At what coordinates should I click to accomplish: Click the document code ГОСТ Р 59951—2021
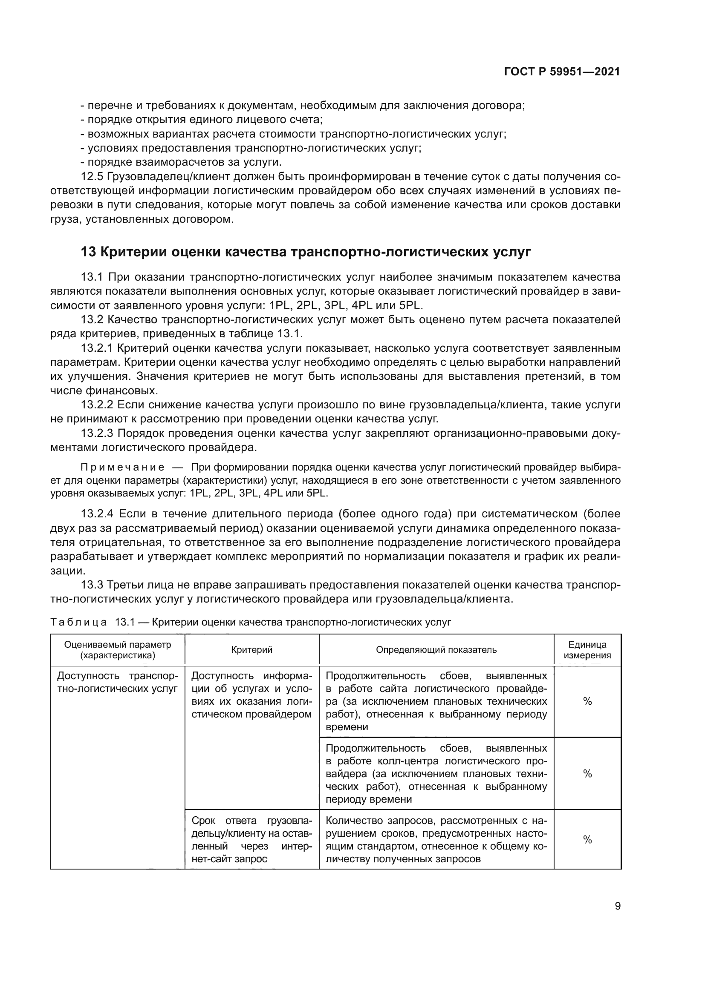562,72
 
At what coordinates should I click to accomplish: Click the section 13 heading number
88,252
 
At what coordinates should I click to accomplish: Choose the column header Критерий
252,649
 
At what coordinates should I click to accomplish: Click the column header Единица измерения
587,650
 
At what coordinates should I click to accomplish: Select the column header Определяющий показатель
436,649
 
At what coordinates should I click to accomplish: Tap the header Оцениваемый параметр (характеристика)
118,650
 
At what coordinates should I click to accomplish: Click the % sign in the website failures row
587,701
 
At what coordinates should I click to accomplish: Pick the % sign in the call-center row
587,773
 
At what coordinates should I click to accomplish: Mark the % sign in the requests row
587,840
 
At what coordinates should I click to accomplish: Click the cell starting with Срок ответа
252,840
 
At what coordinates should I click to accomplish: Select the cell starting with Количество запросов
436,840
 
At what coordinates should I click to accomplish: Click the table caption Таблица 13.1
78,623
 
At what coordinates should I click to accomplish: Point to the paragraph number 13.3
92,585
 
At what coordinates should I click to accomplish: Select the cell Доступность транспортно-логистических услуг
118,682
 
